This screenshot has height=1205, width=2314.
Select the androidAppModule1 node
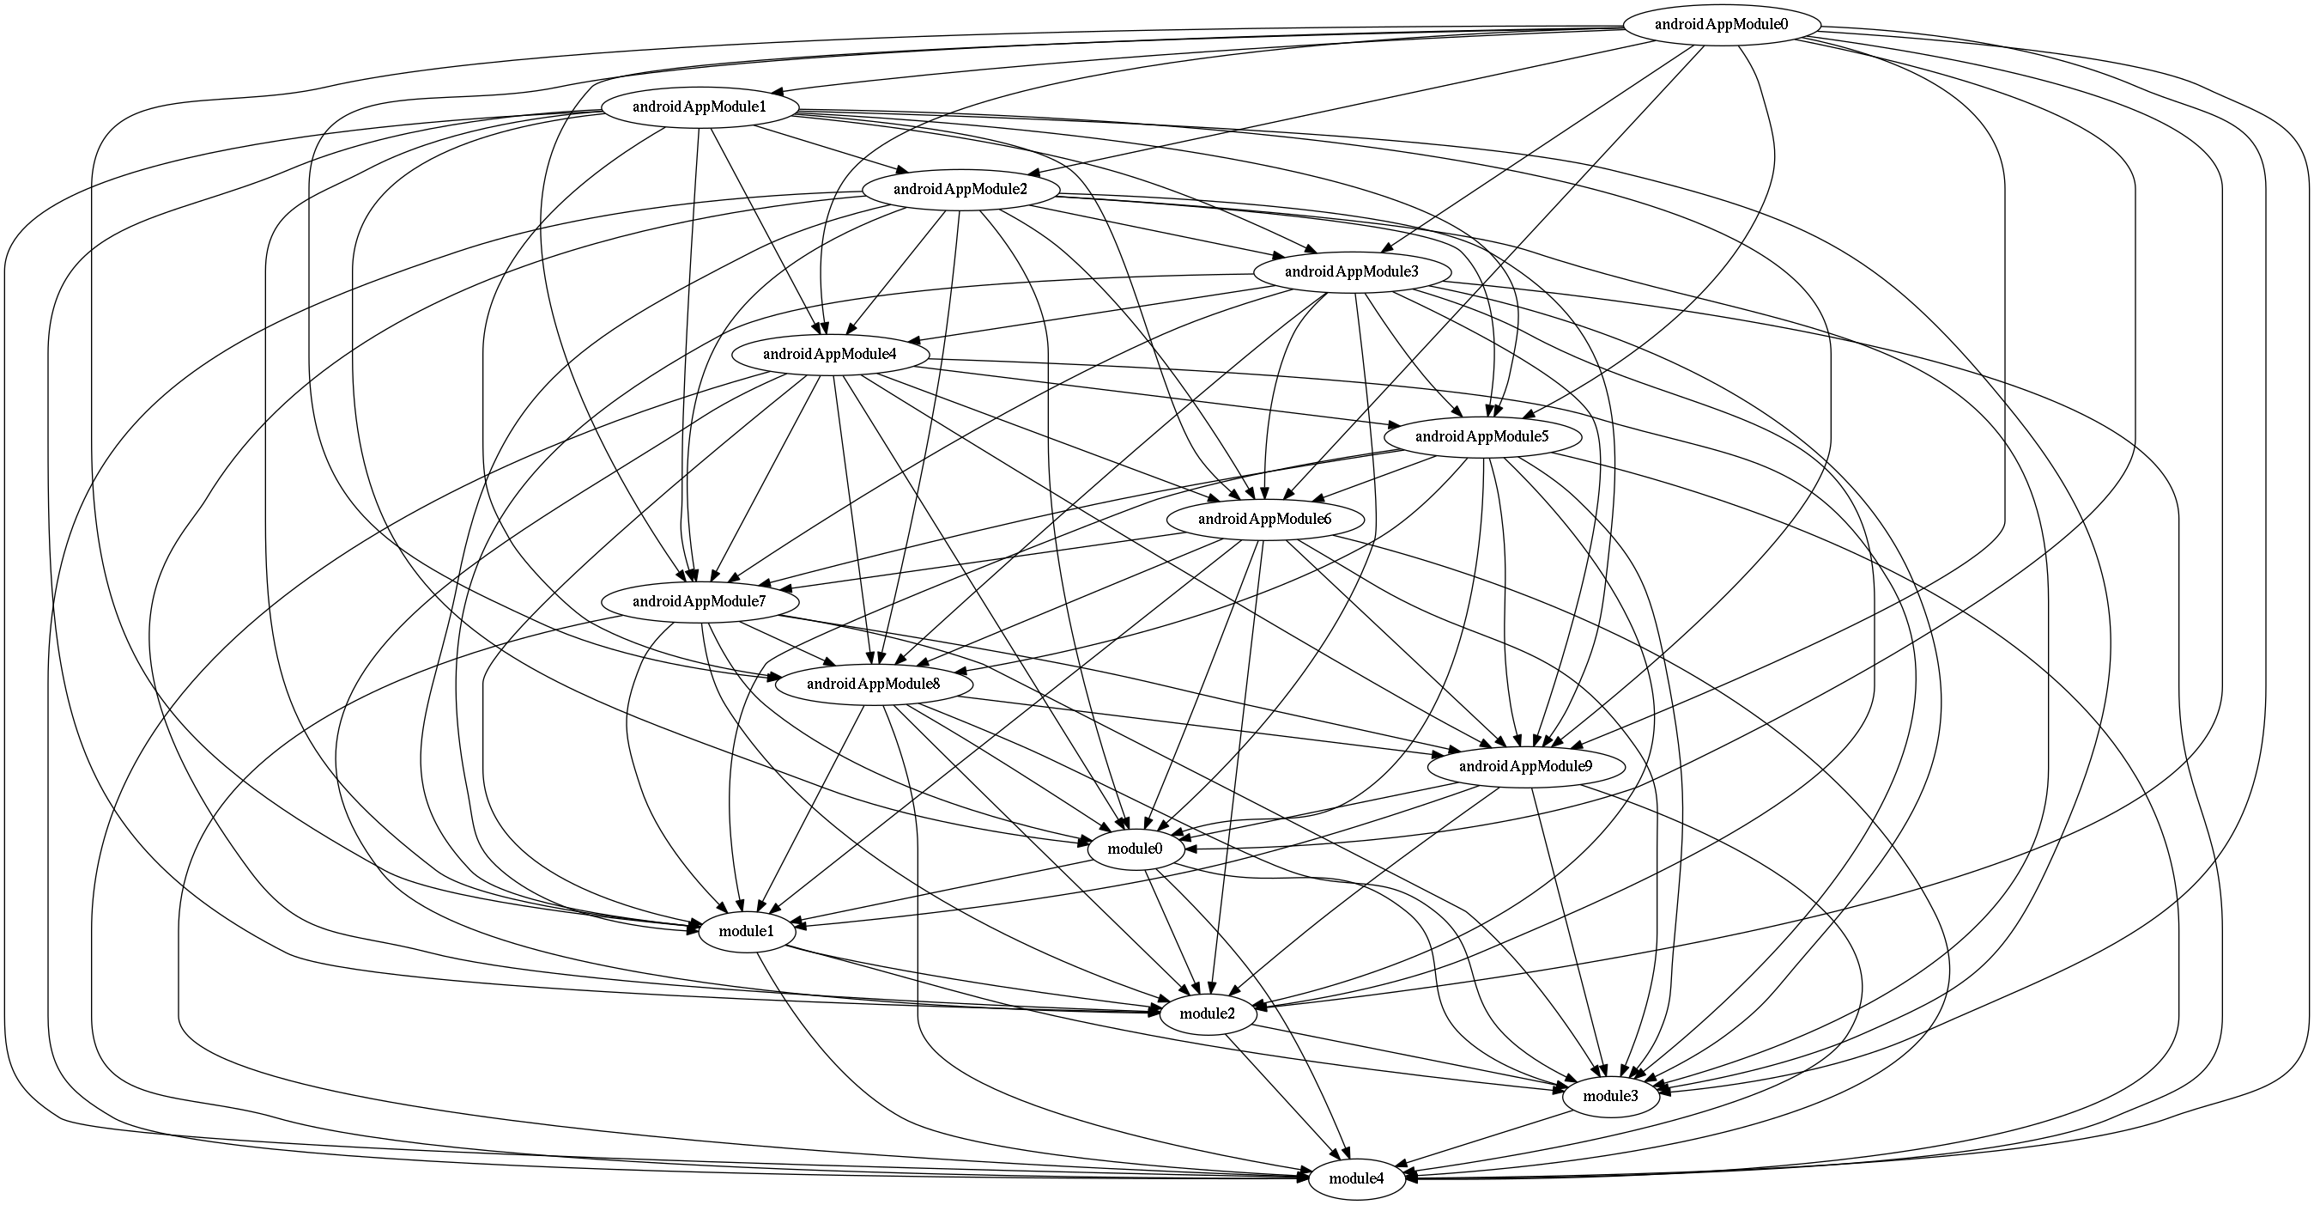point(698,108)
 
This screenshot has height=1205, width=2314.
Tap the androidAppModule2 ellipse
point(960,190)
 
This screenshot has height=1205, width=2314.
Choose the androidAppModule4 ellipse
point(829,354)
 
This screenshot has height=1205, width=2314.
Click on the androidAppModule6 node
point(1264,519)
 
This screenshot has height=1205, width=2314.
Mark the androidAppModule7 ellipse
point(698,601)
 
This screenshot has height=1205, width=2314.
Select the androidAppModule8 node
point(873,684)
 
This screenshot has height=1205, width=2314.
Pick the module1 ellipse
point(746,931)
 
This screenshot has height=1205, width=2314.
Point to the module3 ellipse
point(1609,1095)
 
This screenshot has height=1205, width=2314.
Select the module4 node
point(1355,1178)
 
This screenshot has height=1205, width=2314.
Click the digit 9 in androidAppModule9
point(1588,766)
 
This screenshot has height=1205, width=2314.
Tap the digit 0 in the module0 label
point(1158,849)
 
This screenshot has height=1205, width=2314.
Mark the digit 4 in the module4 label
point(1380,1178)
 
